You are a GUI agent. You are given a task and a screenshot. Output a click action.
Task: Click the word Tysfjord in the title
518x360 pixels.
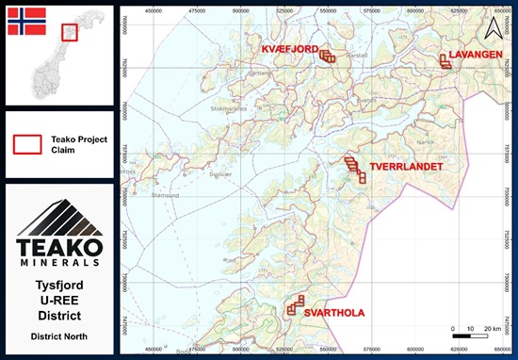(x=59, y=285)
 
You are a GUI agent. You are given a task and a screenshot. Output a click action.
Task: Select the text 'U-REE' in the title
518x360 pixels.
(x=59, y=300)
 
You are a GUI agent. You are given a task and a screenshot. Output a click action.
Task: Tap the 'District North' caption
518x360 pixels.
(x=59, y=335)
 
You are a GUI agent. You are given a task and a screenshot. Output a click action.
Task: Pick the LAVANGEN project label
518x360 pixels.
(x=476, y=54)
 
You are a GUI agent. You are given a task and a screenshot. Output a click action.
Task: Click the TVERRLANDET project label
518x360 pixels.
(x=406, y=166)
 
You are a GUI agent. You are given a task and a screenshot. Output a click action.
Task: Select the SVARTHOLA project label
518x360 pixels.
(x=333, y=314)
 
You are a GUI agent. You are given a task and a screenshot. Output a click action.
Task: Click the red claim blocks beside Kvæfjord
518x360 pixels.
(x=327, y=56)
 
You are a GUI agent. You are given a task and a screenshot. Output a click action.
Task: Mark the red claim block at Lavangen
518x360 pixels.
(x=445, y=62)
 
